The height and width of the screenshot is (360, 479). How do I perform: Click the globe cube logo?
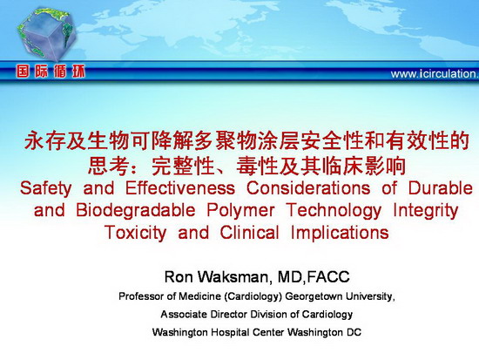(x=46, y=33)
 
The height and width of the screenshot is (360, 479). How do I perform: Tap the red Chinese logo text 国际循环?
(x=51, y=71)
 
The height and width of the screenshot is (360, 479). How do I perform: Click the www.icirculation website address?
(x=435, y=74)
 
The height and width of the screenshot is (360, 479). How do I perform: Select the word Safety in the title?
(x=46, y=188)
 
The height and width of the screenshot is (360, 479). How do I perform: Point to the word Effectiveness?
(x=180, y=187)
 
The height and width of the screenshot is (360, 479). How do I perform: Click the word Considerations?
(x=308, y=187)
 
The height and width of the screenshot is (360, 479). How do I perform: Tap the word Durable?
(x=441, y=187)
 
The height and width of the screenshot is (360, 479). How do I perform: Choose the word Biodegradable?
(x=136, y=211)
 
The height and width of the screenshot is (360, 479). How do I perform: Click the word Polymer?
(x=240, y=211)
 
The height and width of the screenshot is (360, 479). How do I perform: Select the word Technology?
(x=334, y=211)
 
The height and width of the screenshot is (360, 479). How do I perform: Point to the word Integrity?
(x=426, y=211)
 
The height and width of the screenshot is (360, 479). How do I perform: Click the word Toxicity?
(x=135, y=234)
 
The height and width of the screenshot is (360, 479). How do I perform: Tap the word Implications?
(x=340, y=233)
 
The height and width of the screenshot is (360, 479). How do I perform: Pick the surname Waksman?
(x=233, y=277)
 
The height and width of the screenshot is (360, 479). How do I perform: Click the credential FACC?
(x=328, y=277)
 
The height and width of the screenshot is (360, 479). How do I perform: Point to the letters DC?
(x=354, y=332)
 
